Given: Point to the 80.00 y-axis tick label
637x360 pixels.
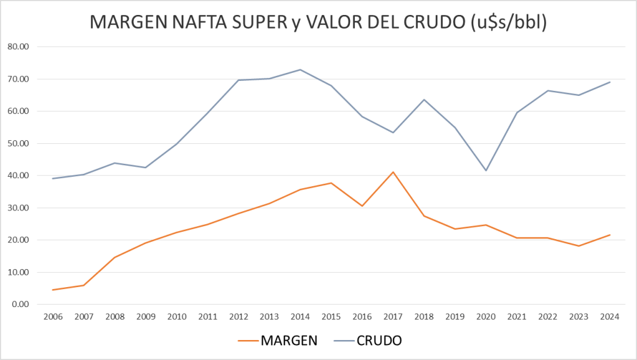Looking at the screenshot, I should (x=20, y=47).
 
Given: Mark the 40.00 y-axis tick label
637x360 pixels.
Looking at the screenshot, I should (x=20, y=176).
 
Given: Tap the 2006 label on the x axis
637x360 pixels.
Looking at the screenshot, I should (x=54, y=316).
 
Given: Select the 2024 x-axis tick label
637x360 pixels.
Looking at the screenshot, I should (x=610, y=316).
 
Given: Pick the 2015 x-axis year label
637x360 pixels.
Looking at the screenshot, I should (x=331, y=316).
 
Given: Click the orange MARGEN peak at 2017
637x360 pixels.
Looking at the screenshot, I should (x=394, y=172).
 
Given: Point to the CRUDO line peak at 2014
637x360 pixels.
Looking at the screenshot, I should (x=301, y=70).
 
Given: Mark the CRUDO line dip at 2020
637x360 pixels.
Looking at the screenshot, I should (x=486, y=171).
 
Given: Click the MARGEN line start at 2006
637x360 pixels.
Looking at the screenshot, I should (x=54, y=290).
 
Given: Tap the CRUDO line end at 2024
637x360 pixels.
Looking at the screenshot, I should (x=610, y=82).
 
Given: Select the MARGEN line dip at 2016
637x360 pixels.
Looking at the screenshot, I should (x=362, y=206).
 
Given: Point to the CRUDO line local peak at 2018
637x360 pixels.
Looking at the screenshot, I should (x=424, y=100).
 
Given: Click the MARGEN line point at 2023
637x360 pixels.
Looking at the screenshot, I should (x=578, y=246).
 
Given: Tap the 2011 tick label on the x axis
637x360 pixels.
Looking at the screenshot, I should (x=208, y=316).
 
